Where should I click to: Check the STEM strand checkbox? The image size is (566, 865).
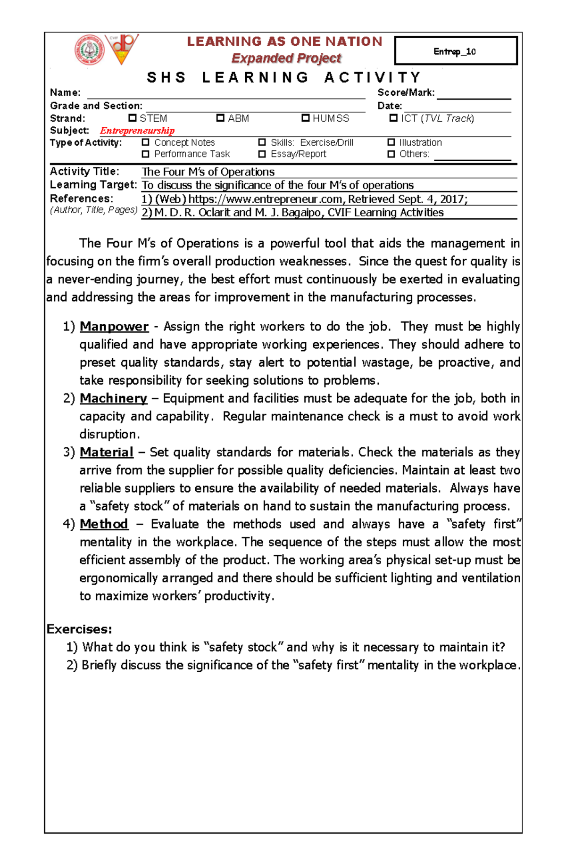click(133, 118)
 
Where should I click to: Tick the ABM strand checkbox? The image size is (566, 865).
click(220, 118)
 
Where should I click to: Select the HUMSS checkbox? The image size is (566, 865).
click(306, 118)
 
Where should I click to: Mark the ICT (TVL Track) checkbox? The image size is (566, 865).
click(393, 118)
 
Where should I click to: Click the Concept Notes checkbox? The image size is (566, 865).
click(146, 142)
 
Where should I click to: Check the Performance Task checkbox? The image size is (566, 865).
click(146, 154)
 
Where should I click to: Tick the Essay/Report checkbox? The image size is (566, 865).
click(262, 154)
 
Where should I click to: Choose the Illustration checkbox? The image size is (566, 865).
click(391, 142)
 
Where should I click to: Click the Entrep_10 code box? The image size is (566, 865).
click(456, 51)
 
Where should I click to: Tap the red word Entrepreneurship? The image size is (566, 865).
click(137, 131)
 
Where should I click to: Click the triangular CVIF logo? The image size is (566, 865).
click(122, 49)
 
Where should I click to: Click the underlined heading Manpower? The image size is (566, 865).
click(114, 326)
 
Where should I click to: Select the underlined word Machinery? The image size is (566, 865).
click(114, 398)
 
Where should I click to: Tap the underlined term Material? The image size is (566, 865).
click(107, 452)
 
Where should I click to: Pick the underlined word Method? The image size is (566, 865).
click(104, 524)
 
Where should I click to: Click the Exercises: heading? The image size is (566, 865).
click(79, 629)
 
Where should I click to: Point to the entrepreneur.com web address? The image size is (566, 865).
click(266, 199)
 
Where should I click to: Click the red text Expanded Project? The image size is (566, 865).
click(286, 58)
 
